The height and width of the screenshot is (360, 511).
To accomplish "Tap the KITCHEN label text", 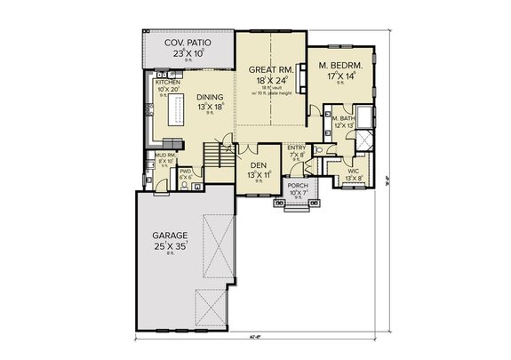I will coord(167,82).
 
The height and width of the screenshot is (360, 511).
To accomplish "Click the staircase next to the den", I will coord(215,158).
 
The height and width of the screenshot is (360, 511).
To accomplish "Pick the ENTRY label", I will coord(296,148).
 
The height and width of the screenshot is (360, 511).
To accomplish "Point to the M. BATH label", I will coord(342,118).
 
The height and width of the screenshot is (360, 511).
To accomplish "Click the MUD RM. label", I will coord(164,155).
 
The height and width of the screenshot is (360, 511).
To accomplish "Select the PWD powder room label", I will coord(186,171).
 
